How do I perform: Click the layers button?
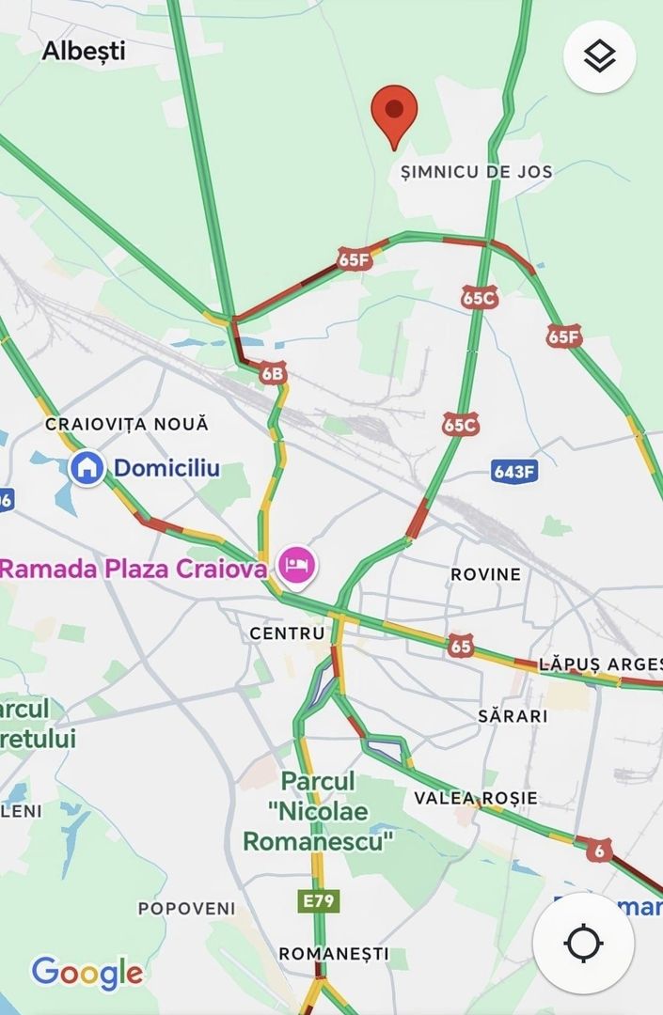pos(599,57)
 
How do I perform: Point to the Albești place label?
pos(84,51)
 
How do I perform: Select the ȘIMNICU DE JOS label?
pos(477,171)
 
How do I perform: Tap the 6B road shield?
pos(272,374)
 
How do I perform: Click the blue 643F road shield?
pos(515,471)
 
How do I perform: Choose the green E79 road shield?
pos(318,901)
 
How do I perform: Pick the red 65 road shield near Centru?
pos(461,646)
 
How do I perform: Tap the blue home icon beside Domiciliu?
pos(87,467)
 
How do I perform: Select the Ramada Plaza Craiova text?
pos(133,569)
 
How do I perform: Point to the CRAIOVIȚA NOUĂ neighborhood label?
pos(127,425)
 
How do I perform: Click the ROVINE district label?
pos(485,574)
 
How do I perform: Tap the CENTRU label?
pos(287,633)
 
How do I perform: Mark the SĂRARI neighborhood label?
pos(513,715)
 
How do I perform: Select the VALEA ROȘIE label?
pos(476,798)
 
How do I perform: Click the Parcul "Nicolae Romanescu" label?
pos(318,810)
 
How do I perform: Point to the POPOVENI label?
pos(187,909)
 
